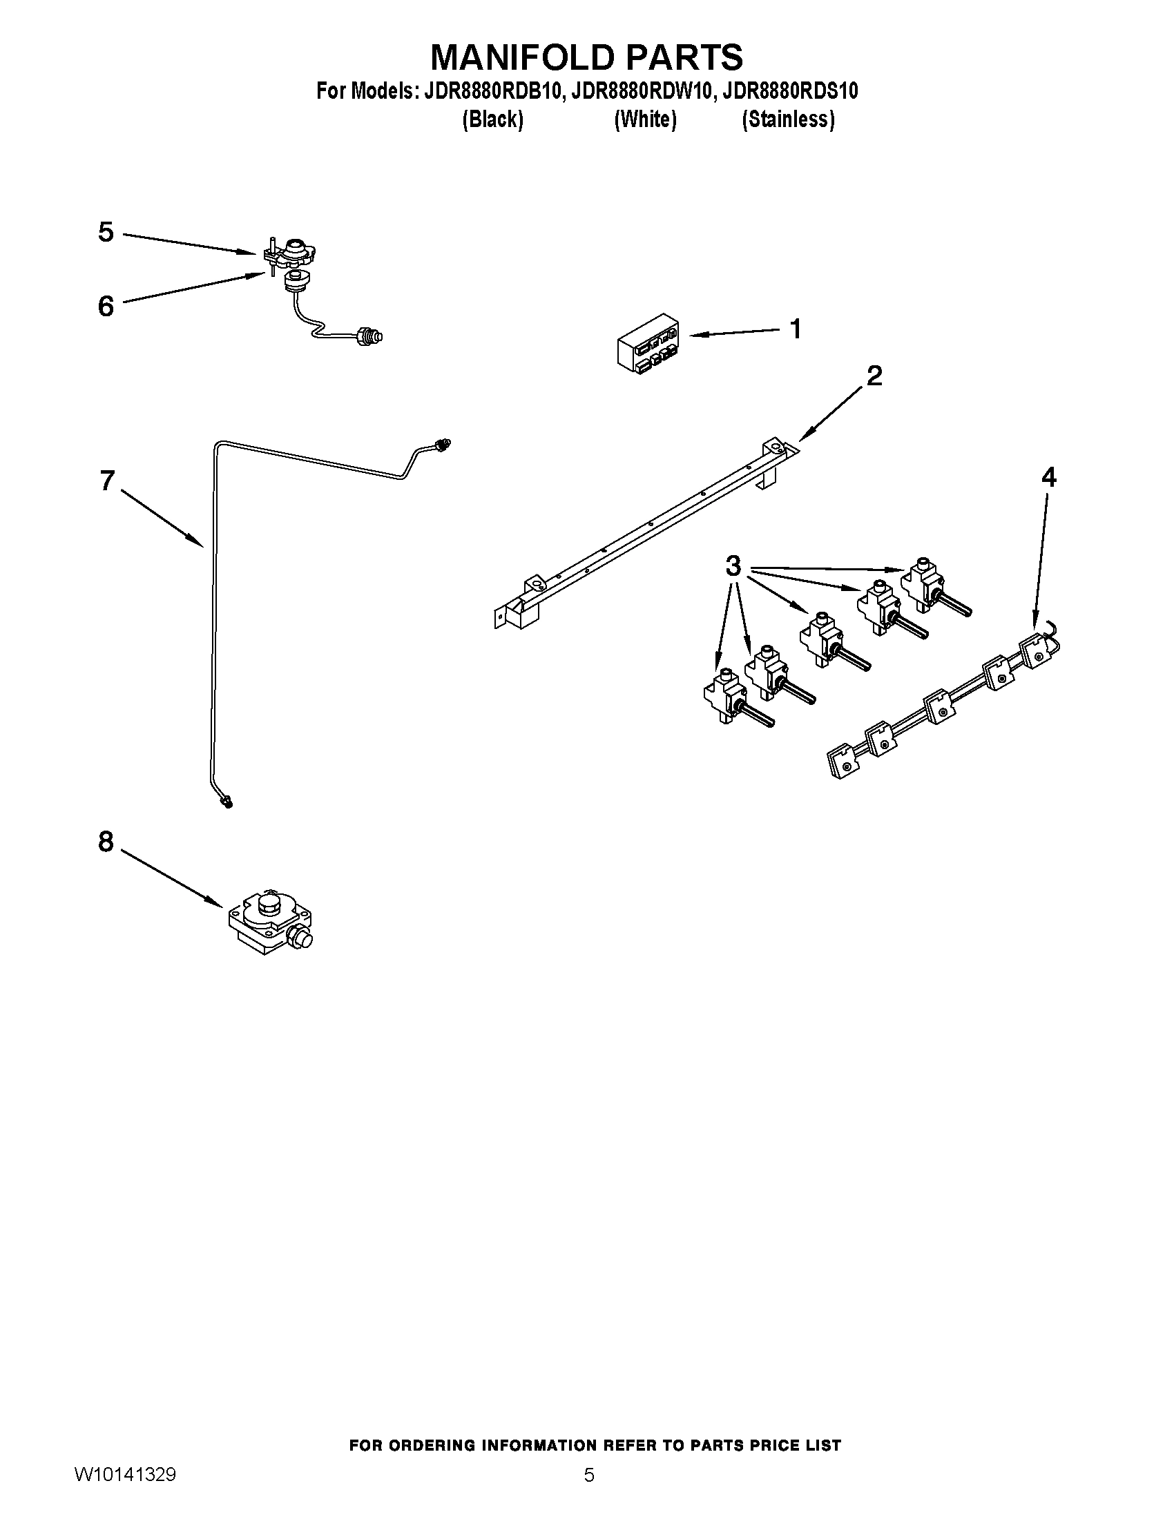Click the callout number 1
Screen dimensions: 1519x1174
(796, 328)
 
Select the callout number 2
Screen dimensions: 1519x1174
(874, 376)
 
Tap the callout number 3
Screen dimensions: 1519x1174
(733, 566)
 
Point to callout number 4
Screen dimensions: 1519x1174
(1048, 477)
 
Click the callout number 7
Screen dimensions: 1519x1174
(106, 481)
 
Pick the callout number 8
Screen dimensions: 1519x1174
(106, 842)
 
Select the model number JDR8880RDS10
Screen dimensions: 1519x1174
(790, 91)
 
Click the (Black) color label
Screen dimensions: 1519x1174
(492, 119)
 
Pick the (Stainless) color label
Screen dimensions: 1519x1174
(788, 119)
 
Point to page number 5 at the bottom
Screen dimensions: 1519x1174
(588, 1475)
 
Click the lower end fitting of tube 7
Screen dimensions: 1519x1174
(226, 802)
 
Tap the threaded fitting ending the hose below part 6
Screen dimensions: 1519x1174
(369, 336)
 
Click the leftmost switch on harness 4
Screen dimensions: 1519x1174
(844, 761)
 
